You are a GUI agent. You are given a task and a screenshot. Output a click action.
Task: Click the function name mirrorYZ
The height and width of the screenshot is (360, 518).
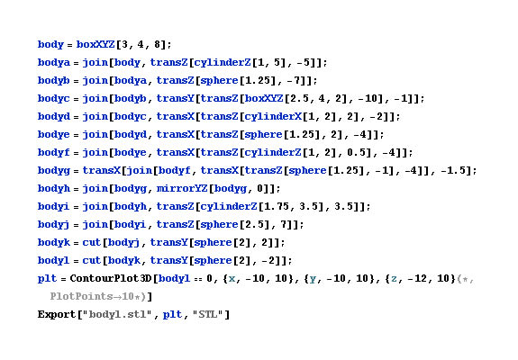(182, 188)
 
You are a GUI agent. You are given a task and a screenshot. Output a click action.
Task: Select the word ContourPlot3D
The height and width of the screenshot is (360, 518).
(110, 278)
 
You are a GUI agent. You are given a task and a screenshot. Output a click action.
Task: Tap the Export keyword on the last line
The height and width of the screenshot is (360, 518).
(57, 314)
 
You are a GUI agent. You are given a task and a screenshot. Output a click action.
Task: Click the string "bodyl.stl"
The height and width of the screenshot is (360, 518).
(118, 314)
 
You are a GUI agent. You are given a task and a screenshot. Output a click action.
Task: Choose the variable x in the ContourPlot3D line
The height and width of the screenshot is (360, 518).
(232, 279)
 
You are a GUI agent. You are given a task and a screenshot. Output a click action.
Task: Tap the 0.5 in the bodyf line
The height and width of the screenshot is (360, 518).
(356, 152)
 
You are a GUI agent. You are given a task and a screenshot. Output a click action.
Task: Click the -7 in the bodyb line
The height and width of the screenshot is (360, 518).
(302, 80)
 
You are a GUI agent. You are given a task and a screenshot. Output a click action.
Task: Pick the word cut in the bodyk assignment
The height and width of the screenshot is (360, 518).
(91, 242)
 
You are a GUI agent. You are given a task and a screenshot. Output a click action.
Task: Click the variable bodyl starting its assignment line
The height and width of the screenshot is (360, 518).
(53, 260)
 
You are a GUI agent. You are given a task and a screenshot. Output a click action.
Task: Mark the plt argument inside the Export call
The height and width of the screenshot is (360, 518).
(172, 315)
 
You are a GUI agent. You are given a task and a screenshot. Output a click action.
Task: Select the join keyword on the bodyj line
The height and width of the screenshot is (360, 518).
(95, 225)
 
